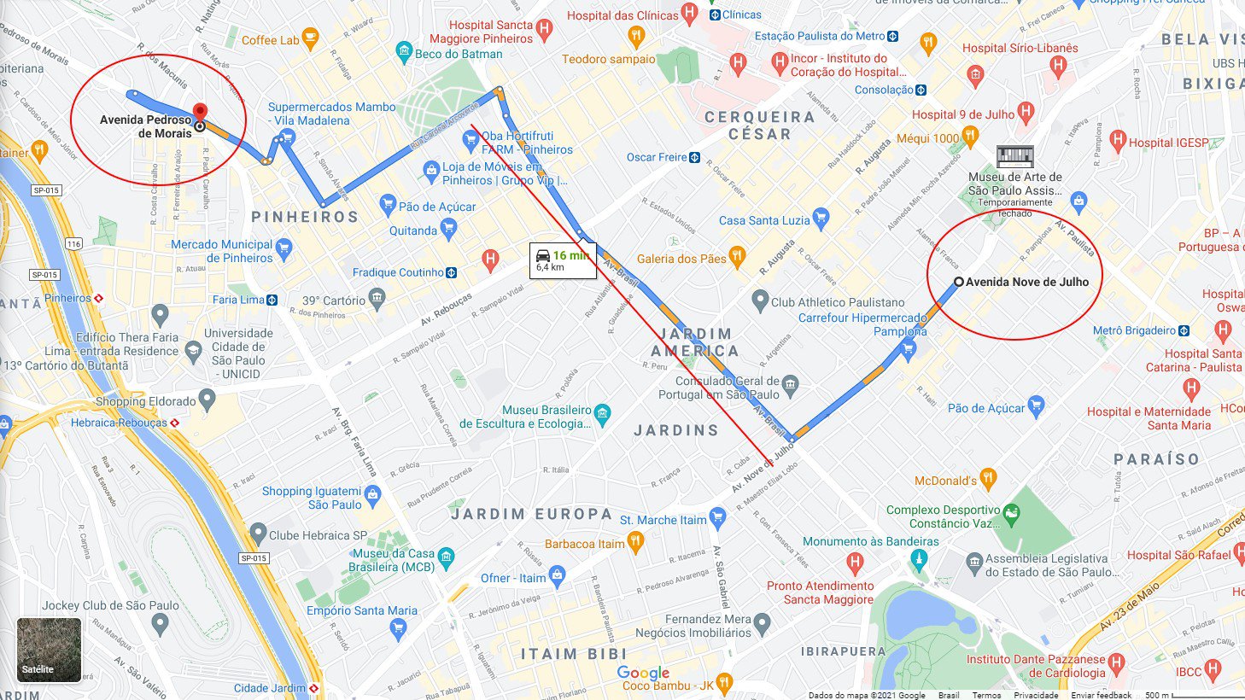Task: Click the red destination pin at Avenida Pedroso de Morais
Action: tap(200, 112)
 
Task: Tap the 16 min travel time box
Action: tap(562, 260)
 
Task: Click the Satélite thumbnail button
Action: tap(49, 650)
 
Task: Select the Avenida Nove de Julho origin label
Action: tap(1026, 282)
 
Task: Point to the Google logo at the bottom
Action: tap(643, 674)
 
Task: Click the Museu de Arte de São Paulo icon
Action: tap(1014, 157)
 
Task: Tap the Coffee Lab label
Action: tap(270, 40)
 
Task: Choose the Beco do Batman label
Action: tap(459, 54)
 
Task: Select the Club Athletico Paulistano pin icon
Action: tap(760, 301)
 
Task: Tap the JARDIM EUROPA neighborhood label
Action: tap(531, 514)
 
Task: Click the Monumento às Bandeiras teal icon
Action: tap(919, 560)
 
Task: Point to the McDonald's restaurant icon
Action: tap(988, 480)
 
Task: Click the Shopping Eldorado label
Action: tap(145, 401)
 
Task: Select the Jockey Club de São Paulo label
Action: tap(110, 605)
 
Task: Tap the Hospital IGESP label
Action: tap(1168, 143)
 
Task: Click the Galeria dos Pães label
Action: tap(681, 259)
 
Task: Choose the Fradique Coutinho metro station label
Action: tap(398, 272)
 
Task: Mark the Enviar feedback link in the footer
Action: tap(1101, 695)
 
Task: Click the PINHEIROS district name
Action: tap(305, 217)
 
